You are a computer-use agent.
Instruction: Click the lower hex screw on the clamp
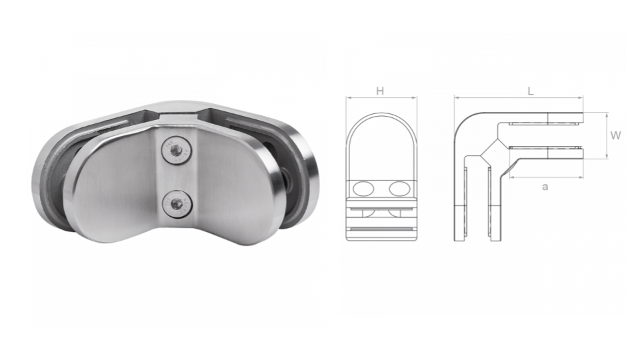[177, 203]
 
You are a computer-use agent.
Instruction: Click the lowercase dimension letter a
[545, 187]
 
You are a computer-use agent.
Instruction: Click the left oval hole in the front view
[364, 189]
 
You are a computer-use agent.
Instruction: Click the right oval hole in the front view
[399, 189]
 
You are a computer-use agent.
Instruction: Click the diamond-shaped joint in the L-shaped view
[494, 151]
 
